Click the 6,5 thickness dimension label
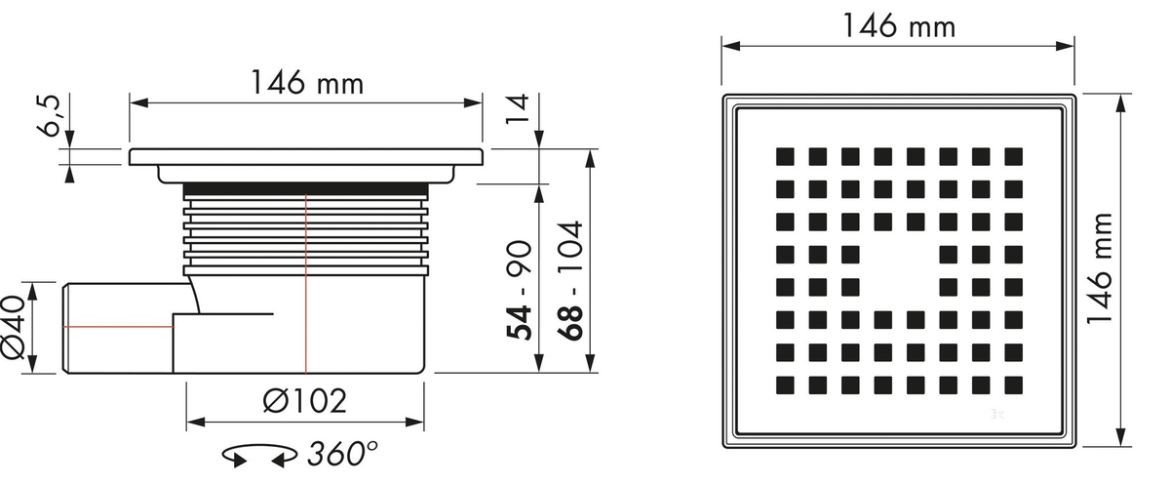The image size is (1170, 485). click(50, 116)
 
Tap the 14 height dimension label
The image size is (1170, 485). click(518, 109)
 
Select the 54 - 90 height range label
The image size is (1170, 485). click(519, 290)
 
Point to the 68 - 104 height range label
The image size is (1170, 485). click(569, 281)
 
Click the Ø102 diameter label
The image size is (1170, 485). click(304, 401)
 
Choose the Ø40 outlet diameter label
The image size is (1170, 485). click(13, 328)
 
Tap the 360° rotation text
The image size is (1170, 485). click(342, 453)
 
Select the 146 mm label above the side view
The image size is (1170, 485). click(307, 82)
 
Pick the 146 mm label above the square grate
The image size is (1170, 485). click(899, 25)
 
